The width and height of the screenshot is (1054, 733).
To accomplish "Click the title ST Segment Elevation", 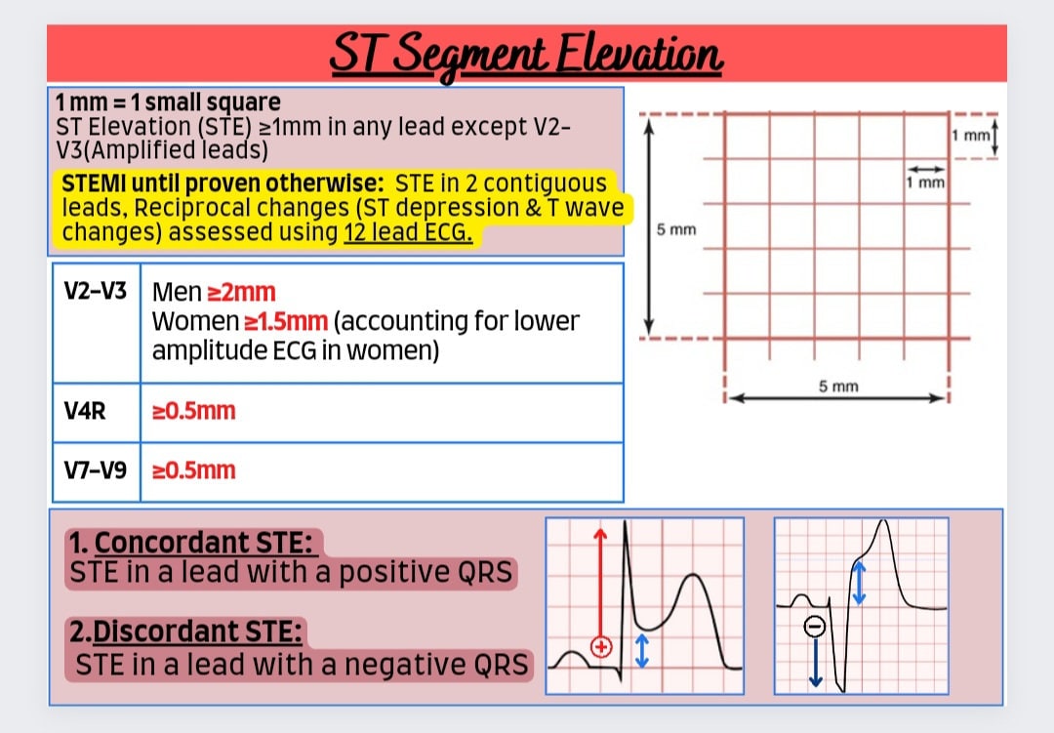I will pos(526,55).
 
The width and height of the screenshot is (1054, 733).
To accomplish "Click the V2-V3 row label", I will pos(95,291).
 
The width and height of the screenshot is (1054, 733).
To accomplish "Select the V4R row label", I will pos(85,411).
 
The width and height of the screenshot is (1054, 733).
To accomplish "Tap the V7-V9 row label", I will pos(95,470).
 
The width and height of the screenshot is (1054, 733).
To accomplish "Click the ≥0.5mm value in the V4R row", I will pos(194,411).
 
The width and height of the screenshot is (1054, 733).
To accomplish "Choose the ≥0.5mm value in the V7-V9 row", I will pos(194,470).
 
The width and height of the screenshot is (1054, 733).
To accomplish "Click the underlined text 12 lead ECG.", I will pos(408,233).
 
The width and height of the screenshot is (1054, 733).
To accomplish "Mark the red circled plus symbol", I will pos(601,646).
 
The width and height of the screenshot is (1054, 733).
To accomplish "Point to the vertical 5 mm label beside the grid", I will pos(675,230).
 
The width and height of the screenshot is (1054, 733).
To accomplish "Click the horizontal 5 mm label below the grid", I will pos(838,387).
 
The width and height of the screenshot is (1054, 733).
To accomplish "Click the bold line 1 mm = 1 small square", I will pos(168,102).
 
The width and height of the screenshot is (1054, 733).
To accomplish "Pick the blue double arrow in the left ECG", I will pos(641,650).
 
